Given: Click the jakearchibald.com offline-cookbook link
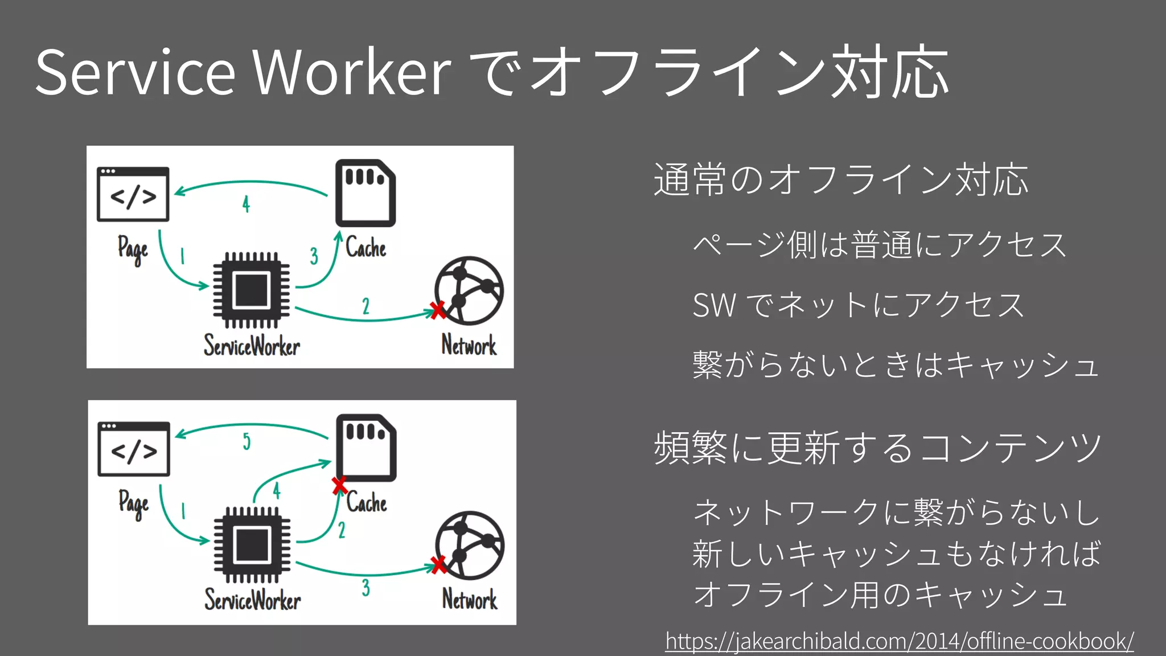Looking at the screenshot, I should coord(899,641).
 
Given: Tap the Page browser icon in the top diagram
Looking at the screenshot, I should coord(133,194).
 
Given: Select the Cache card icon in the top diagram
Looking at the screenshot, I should coord(365,193).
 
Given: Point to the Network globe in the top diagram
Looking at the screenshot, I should coord(469,290).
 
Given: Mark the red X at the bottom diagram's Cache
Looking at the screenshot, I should coord(339,485).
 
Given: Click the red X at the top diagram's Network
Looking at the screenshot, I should coord(438,310).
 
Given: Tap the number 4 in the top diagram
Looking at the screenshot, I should coord(246,204).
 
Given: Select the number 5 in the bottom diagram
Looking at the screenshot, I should coord(247,441).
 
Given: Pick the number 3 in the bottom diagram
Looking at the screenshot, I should coord(366,588).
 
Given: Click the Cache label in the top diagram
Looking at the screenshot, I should coord(366,248).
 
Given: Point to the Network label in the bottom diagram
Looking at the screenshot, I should coord(470,600).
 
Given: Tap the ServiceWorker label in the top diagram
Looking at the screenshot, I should coord(252,346).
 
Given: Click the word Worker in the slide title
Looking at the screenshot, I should coord(352,73).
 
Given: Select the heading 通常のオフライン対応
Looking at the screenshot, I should coord(841,179).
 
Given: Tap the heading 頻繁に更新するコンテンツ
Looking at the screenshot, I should coord(878,448).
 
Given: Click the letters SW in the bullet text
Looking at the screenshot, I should coord(714,305).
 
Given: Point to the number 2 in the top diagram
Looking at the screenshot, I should coord(366,306).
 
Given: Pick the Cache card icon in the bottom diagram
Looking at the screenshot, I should coord(366,448).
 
